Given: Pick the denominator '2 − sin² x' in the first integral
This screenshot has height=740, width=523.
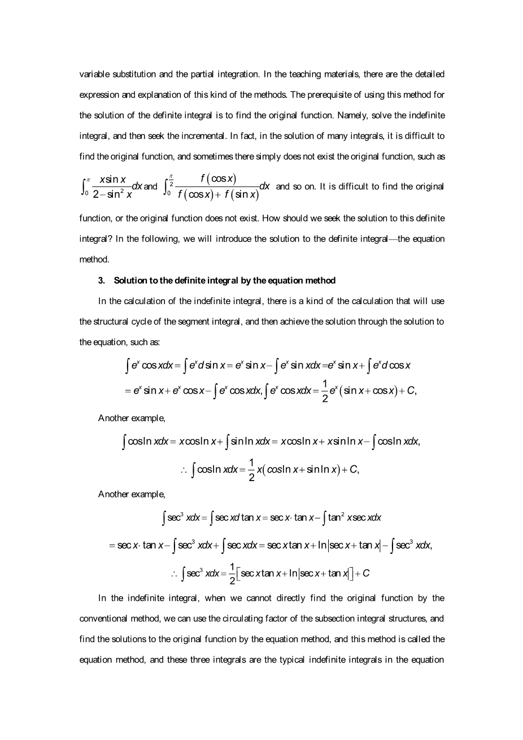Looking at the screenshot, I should (x=112, y=194).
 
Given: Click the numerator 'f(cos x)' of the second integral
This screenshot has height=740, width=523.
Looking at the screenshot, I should (x=218, y=179).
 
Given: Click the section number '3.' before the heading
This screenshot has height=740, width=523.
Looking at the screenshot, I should (x=102, y=280).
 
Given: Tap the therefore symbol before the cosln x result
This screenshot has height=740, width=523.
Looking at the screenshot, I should (x=184, y=470).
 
